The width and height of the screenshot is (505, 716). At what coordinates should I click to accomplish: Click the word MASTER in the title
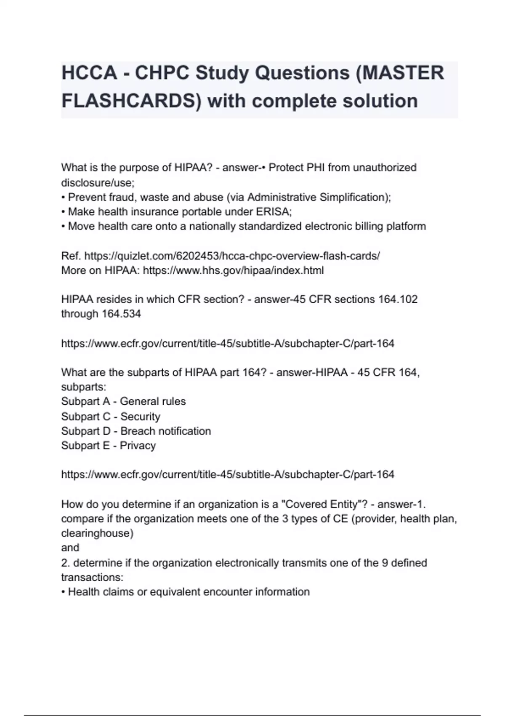tap(403, 73)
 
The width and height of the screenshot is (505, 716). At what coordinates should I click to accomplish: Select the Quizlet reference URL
tap(232, 256)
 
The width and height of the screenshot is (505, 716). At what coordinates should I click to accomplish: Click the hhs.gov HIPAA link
tap(233, 270)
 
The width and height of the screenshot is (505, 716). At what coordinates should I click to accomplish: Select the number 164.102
tap(398, 299)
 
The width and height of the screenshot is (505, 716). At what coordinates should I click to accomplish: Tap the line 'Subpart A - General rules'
tap(123, 401)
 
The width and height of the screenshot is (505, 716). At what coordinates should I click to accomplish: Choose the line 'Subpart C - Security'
tap(111, 417)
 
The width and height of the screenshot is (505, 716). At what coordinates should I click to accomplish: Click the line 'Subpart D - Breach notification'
tap(136, 431)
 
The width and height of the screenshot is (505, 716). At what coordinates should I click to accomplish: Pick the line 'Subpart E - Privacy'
tap(108, 446)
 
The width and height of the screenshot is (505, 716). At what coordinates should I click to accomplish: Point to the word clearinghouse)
tap(97, 533)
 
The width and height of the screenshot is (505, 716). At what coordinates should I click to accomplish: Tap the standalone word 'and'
tap(70, 548)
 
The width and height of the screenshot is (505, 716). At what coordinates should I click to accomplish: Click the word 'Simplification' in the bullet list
tap(354, 198)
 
